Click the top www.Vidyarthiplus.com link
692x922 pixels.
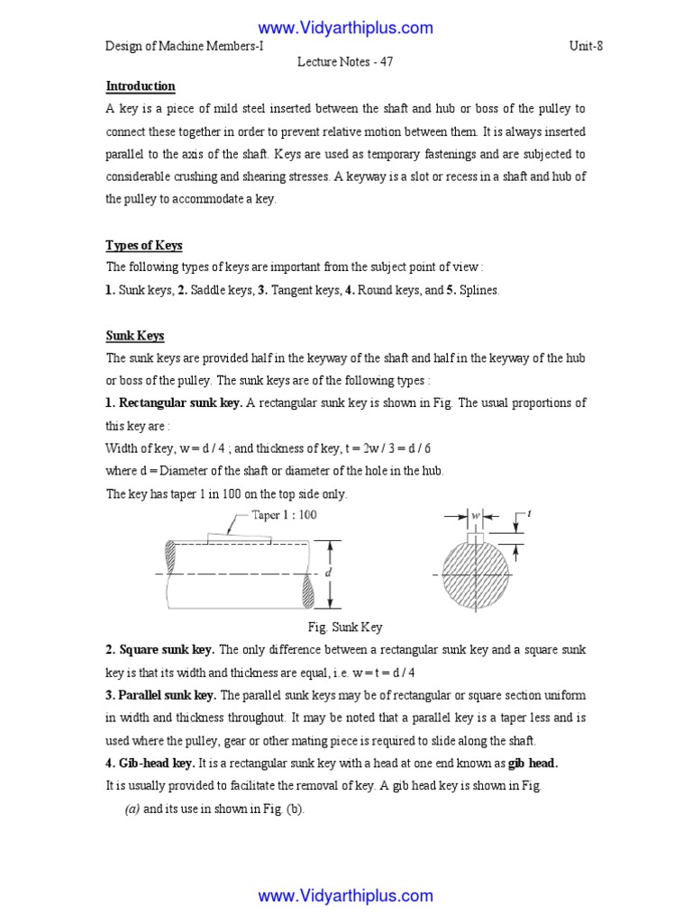(345, 28)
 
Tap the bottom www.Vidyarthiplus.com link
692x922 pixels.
(345, 896)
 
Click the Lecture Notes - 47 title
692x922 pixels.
(345, 62)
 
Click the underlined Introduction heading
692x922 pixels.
(141, 86)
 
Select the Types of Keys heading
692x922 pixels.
(144, 246)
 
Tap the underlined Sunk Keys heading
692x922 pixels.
(135, 336)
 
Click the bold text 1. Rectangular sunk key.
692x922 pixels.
(174, 402)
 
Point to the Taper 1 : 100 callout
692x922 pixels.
(284, 516)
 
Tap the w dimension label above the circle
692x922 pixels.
(475, 516)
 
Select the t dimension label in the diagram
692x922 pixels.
(528, 514)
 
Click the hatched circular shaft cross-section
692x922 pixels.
(476, 575)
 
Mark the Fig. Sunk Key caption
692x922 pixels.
(345, 627)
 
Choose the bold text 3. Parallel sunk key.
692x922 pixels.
(160, 694)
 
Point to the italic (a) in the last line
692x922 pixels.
(132, 809)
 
